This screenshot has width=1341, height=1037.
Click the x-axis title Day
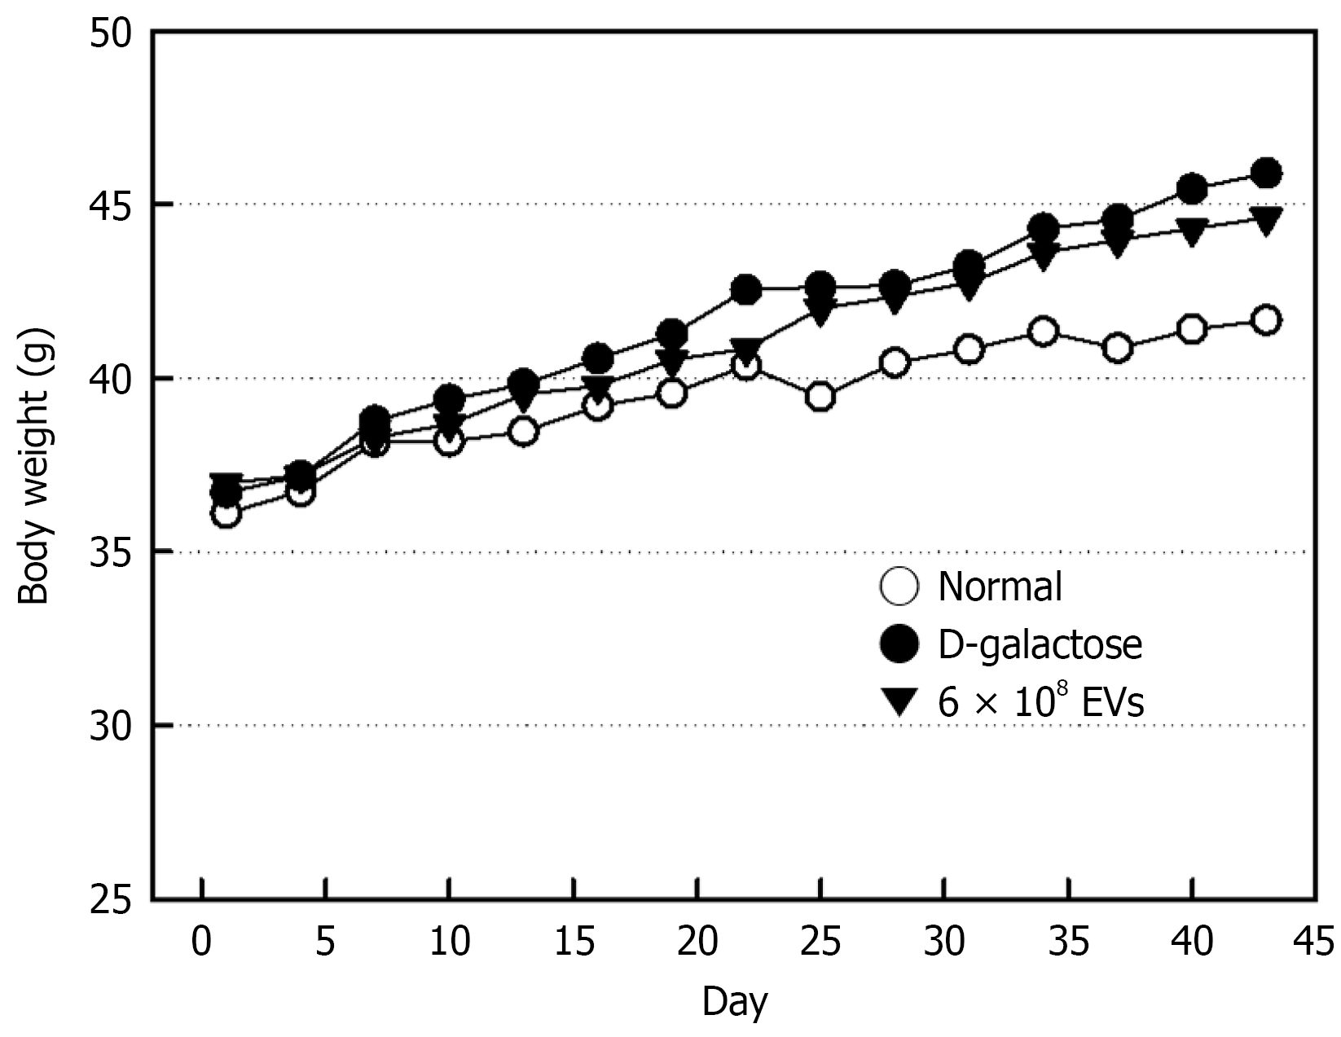tap(735, 1002)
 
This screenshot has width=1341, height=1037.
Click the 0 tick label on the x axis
tap(200, 942)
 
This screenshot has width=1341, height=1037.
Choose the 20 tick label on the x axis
tap(697, 942)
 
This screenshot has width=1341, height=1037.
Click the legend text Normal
tap(1000, 587)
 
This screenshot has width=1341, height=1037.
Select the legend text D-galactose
tap(1040, 644)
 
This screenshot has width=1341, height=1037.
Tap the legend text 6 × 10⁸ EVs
tap(1040, 701)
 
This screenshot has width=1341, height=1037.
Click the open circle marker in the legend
tap(899, 587)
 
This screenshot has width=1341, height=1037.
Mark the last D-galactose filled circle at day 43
tap(1266, 173)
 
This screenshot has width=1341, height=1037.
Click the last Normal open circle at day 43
tap(1266, 320)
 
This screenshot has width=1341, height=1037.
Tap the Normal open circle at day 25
tap(820, 397)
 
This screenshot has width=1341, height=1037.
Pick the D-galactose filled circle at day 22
tap(746, 289)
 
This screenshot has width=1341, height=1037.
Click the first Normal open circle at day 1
tap(226, 514)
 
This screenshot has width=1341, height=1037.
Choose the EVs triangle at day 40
tap(1192, 233)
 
